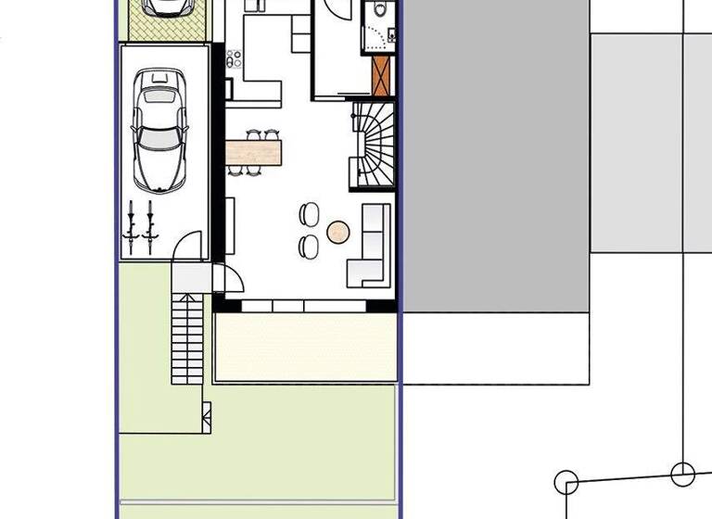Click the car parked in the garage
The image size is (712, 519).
click(159, 130)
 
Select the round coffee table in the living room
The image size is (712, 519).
click(338, 233)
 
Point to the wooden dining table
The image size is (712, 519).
click(253, 151)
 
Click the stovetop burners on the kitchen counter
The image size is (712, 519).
click(235, 58)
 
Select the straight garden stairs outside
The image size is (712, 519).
click(187, 337)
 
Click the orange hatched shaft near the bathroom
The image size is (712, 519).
click(380, 76)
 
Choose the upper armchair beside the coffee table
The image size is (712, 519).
click(308, 215)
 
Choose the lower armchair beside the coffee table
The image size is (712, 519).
click(308, 246)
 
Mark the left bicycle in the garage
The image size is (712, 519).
click(132, 226)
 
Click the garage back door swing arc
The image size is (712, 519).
click(188, 246)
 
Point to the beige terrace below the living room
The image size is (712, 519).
click(306, 347)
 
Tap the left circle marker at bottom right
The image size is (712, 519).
click(566, 482)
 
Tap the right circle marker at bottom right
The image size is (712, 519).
click(683, 475)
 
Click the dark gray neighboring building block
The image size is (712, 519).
click(495, 158)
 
